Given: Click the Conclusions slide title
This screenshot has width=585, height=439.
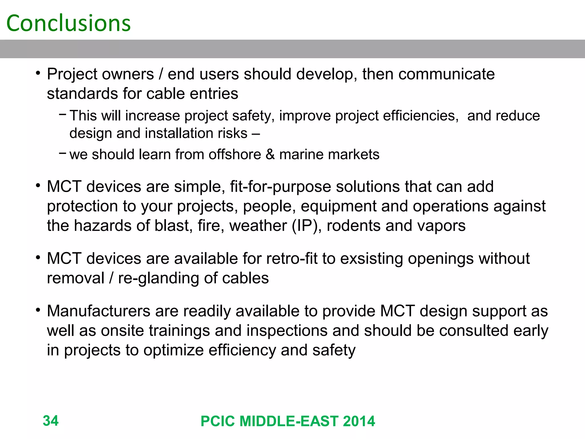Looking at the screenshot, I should coord(69,23).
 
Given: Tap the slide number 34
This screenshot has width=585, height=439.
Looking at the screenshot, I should coord(51,421).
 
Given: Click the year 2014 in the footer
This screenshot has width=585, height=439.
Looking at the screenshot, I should coord(359,421).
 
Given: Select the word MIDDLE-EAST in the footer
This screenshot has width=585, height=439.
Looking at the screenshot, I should coord(289,421).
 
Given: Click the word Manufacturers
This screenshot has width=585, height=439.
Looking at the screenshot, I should coord(99,311).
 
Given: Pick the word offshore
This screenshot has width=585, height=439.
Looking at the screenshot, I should coord(235,154).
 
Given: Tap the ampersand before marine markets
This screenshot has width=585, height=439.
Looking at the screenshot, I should coord(270,154).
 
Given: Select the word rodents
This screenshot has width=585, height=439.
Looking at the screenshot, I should coord(354,226).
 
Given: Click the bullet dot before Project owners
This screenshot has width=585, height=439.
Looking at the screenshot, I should coord(38,73).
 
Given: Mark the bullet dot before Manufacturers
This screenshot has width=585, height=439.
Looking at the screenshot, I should coord(38,310).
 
